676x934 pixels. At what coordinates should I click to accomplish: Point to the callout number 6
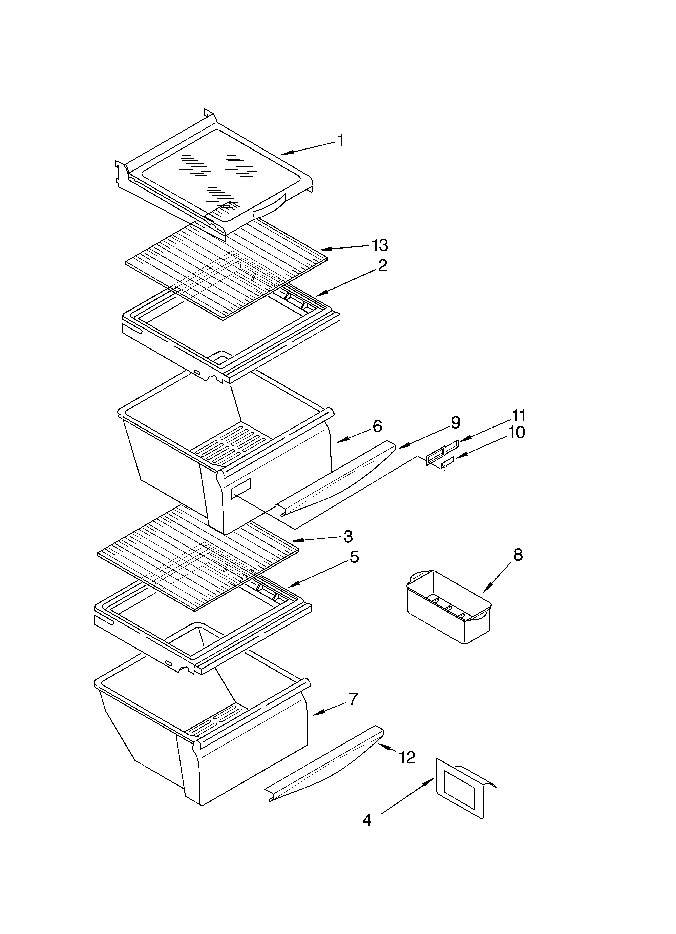coord(377,426)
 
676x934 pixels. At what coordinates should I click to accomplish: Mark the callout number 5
coord(354,557)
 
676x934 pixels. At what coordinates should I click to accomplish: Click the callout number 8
coord(518,555)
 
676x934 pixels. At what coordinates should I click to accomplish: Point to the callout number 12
coord(407,757)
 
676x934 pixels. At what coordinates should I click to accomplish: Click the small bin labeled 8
coord(449,608)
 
